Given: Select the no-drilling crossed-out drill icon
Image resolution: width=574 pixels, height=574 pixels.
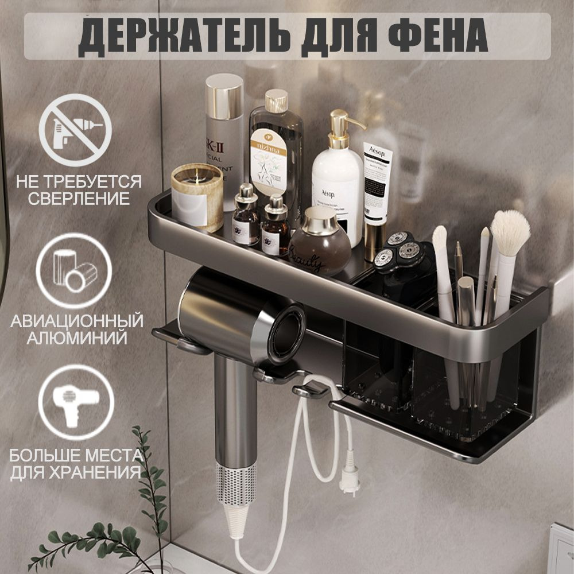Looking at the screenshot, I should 75,130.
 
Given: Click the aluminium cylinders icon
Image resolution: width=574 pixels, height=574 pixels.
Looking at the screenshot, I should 75,270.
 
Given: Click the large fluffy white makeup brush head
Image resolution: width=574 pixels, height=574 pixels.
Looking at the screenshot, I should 510,232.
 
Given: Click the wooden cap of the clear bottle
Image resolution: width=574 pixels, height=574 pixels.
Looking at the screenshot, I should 276,101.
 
